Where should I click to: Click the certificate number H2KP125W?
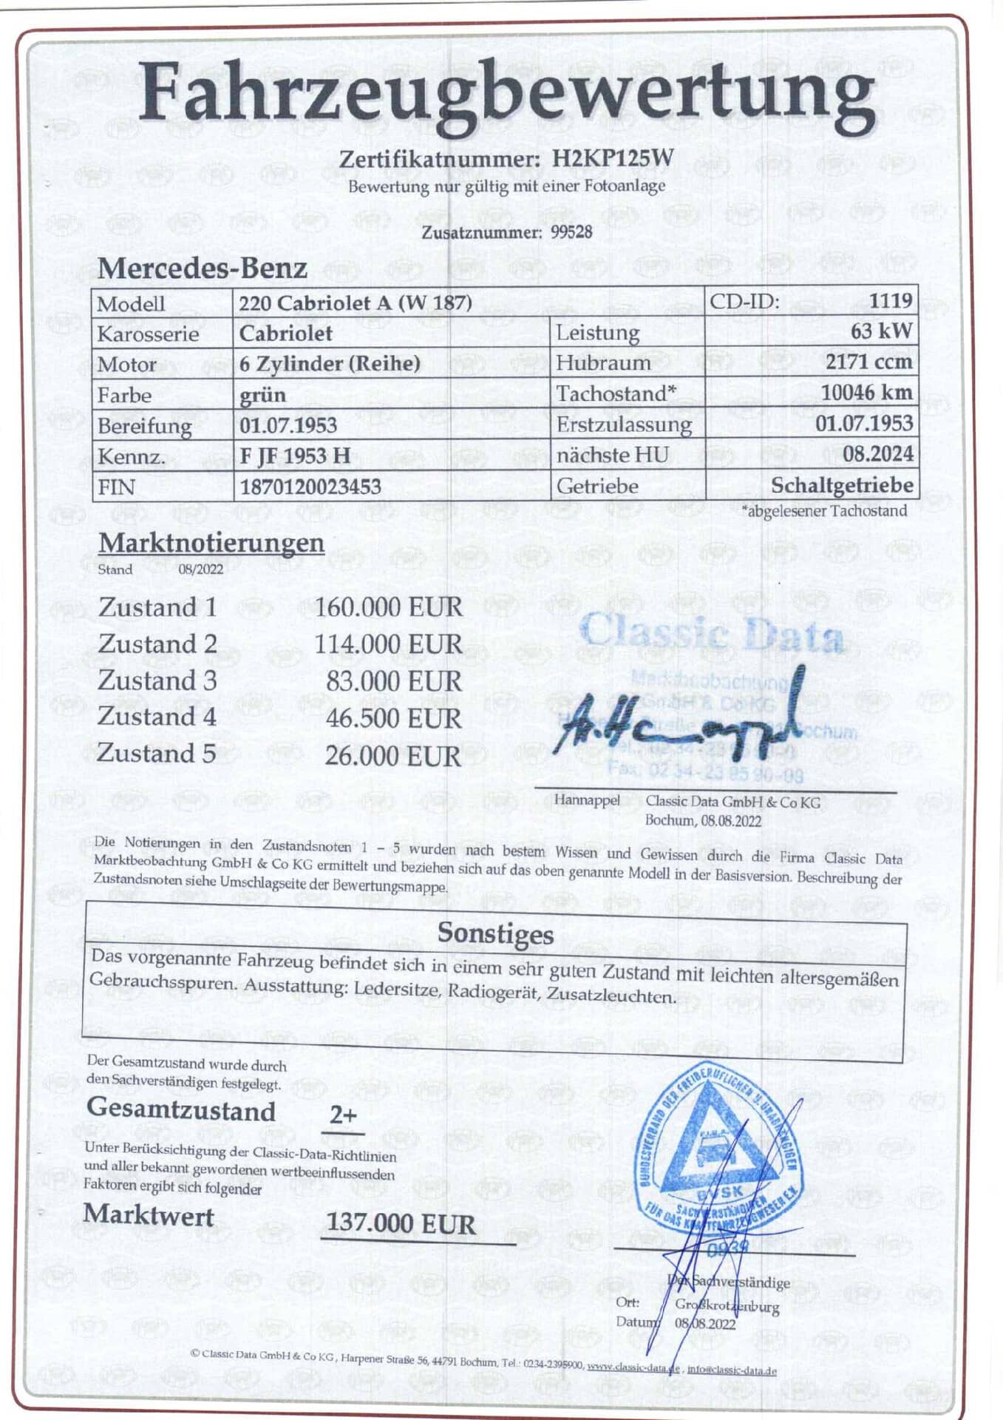[x=613, y=158]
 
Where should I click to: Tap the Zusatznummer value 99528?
[x=571, y=232]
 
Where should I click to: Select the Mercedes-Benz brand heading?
[x=202, y=268]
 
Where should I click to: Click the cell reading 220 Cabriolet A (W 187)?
[x=356, y=302]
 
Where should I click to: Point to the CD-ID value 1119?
[x=890, y=300]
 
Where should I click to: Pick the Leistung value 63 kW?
[x=881, y=331]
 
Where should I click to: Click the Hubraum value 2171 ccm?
[x=868, y=362]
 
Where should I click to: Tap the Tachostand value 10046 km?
[x=866, y=393]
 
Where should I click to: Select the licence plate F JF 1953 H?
[x=295, y=456]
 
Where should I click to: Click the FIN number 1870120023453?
[x=310, y=487]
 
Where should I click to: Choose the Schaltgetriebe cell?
[x=842, y=485]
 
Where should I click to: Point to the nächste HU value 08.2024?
[x=878, y=453]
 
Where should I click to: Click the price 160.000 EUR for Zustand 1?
[x=389, y=607]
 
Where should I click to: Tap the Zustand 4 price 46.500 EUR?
[x=393, y=718]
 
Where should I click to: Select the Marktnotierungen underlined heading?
[x=211, y=543]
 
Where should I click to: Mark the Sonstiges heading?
[x=495, y=933]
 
